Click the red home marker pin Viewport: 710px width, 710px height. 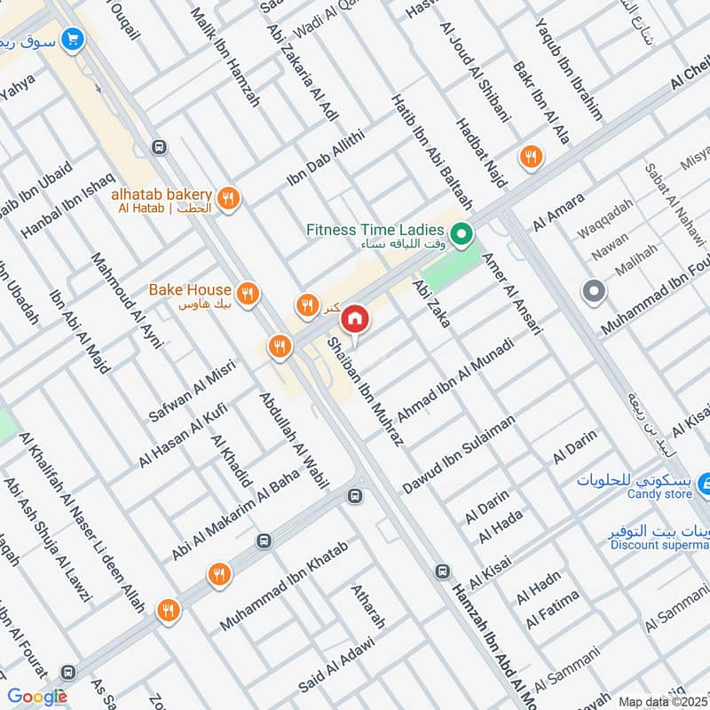point(355,318)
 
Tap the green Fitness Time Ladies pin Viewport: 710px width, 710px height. point(461,235)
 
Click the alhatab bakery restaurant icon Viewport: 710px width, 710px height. point(229,200)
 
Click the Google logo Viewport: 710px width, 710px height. point(37,697)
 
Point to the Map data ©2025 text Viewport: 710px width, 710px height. point(662,701)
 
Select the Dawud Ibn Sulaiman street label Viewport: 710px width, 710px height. point(459,454)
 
